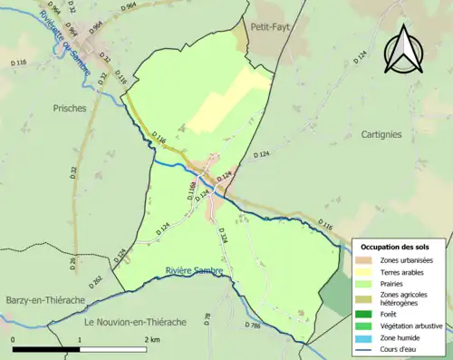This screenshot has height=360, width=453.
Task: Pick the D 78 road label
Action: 207,318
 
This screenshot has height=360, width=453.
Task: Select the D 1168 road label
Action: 192,190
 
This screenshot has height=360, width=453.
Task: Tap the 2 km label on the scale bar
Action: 152,340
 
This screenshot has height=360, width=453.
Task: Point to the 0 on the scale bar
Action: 14,340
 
